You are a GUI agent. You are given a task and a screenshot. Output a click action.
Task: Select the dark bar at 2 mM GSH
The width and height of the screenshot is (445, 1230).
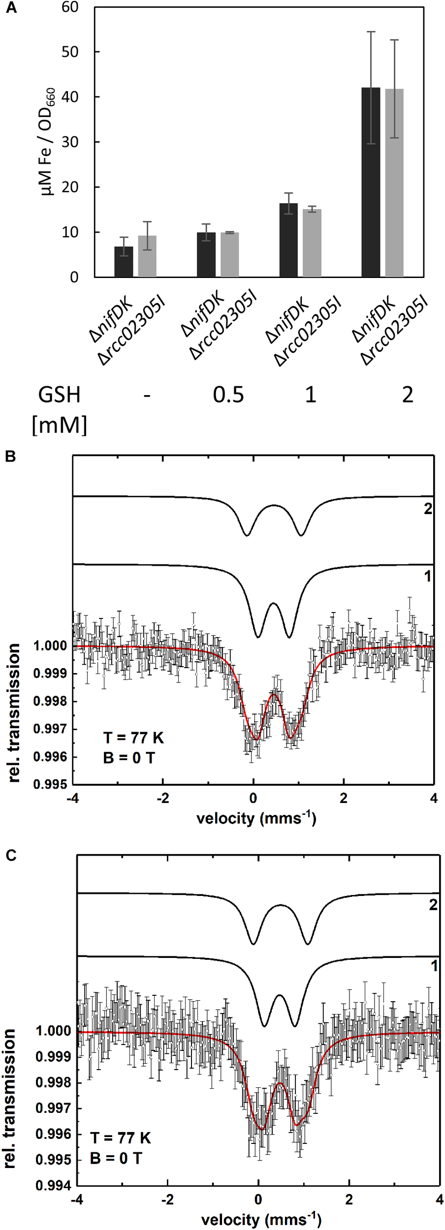(x=370, y=182)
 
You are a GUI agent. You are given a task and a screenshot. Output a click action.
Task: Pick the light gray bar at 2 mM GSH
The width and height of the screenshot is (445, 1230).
(x=394, y=183)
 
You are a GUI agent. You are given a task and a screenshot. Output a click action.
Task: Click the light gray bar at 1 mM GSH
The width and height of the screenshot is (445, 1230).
(x=312, y=243)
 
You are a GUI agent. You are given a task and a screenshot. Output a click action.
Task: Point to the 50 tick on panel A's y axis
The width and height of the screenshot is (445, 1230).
(x=70, y=52)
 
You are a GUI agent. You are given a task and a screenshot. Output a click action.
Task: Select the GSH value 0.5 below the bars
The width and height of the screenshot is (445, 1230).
(x=228, y=395)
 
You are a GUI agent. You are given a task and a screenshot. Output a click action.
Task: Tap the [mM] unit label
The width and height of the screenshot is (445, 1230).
(x=59, y=425)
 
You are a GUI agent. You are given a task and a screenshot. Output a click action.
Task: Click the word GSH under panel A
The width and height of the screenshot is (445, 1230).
(x=59, y=395)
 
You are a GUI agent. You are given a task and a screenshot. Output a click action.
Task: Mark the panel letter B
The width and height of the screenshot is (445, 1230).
(x=10, y=457)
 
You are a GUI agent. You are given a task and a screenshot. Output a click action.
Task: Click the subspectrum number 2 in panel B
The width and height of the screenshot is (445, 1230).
(x=428, y=509)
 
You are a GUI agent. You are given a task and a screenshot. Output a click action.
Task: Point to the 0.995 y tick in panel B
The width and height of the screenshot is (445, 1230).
(x=50, y=785)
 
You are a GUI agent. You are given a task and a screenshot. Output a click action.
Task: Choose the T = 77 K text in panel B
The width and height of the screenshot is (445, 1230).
(x=133, y=738)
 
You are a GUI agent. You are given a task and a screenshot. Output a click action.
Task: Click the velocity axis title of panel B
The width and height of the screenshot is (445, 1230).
(x=256, y=818)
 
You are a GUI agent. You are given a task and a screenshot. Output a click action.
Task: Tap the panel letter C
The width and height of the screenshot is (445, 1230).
(x=10, y=856)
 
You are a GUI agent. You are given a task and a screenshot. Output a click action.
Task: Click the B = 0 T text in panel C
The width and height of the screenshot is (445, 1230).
(x=116, y=1159)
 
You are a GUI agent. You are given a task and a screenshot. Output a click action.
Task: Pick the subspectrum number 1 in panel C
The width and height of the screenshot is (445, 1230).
(x=434, y=966)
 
